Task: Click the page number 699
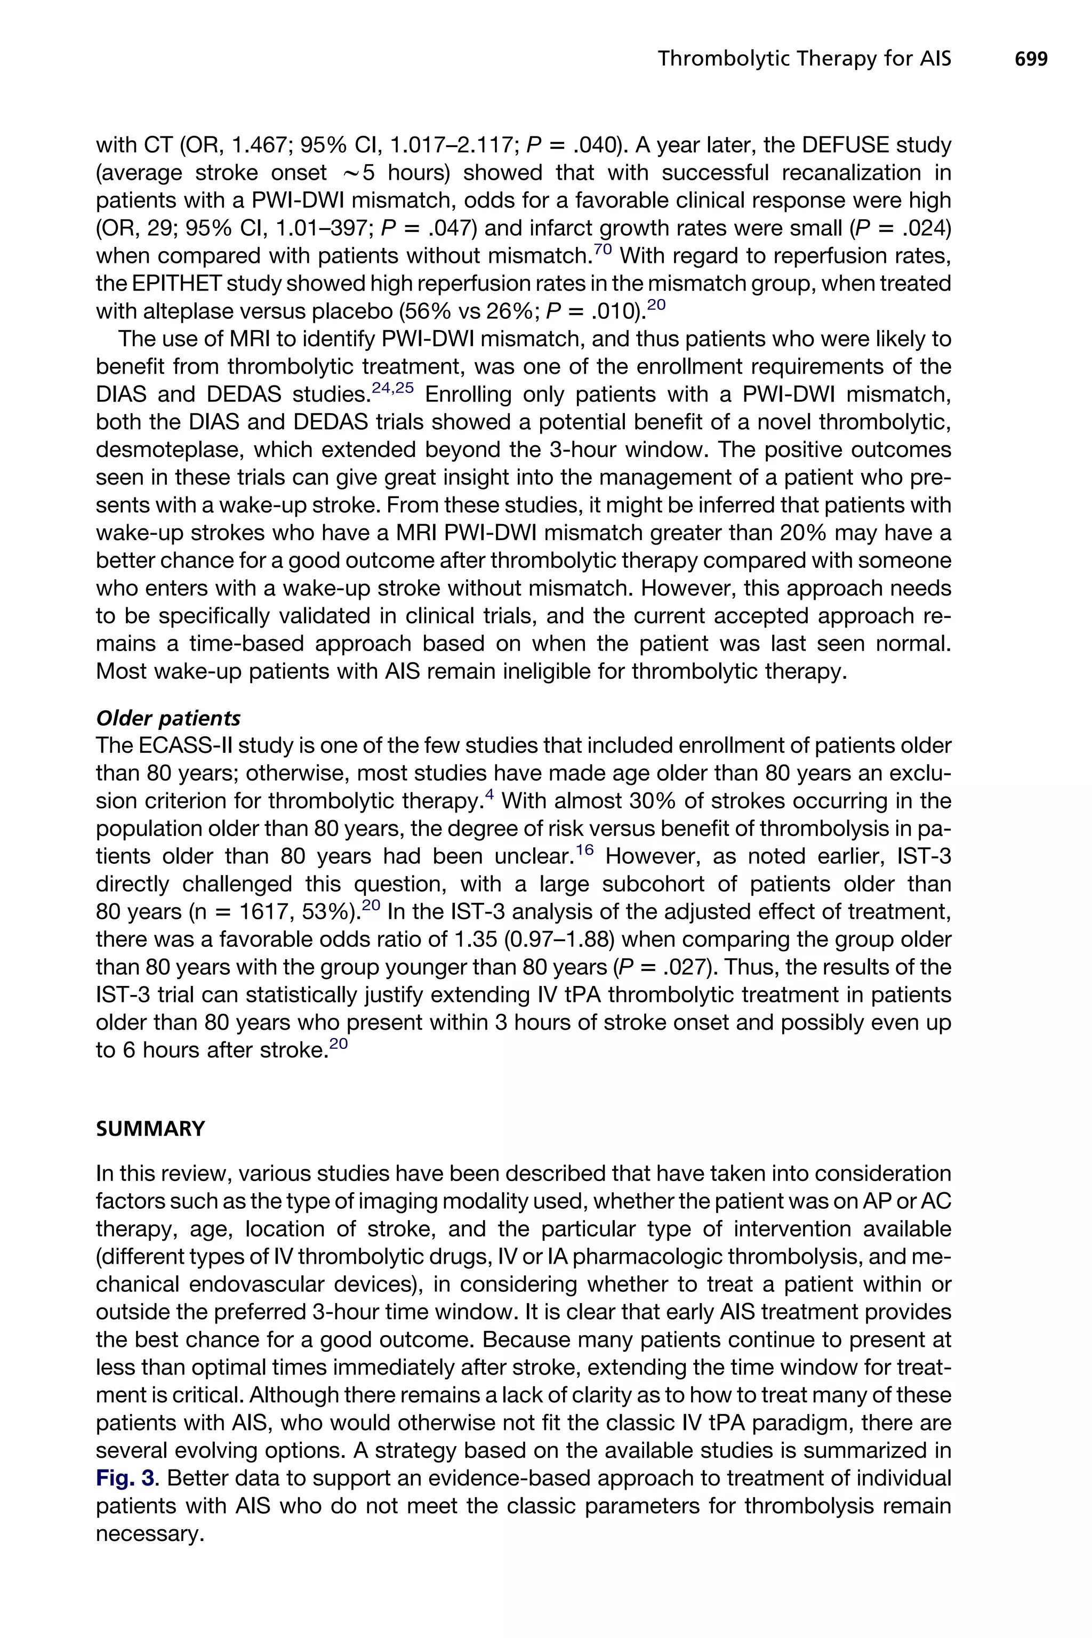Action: (x=1031, y=59)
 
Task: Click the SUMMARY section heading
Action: (x=150, y=1129)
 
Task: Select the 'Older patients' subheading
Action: (x=168, y=719)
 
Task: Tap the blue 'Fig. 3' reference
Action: (x=128, y=1479)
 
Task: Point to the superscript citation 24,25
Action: (x=393, y=388)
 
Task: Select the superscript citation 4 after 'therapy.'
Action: (x=489, y=794)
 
